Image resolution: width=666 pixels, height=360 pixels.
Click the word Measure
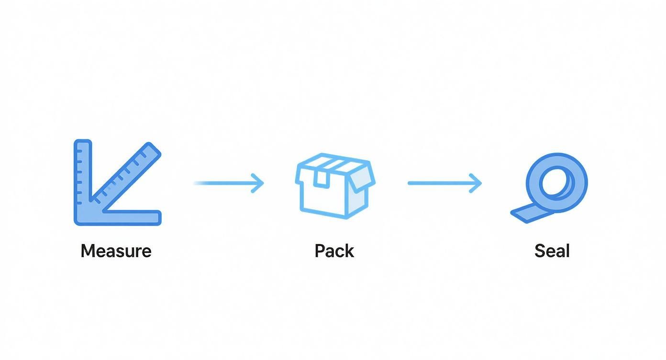[116, 251]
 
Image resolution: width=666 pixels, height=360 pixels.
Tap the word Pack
[334, 251]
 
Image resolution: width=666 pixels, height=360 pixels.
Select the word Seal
[552, 251]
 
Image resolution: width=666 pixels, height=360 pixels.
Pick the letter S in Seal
[540, 251]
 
